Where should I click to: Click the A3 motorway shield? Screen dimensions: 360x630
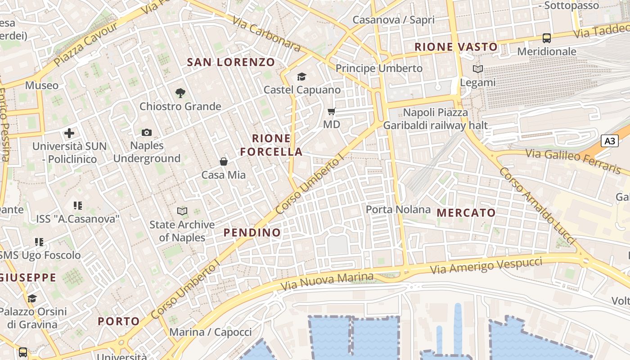tap(610, 141)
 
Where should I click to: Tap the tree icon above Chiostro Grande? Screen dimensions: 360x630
tap(180, 93)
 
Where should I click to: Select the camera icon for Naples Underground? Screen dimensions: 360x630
tap(147, 132)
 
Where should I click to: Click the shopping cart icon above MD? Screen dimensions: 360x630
tap(332, 111)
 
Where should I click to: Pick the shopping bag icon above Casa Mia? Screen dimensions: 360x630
tap(224, 162)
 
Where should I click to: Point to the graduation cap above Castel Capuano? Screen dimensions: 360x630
tap(301, 77)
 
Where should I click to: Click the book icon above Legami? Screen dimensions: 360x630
tap(477, 69)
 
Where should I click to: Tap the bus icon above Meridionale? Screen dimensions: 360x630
tap(547, 38)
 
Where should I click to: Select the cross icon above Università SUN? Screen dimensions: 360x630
tap(69, 133)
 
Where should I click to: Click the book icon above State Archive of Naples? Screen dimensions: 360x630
tap(182, 211)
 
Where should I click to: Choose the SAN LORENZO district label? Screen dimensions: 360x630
tap(231, 62)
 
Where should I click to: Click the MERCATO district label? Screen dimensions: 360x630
tap(466, 213)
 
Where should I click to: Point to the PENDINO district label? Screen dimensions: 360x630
tap(252, 233)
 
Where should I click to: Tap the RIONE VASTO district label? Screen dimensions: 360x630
tap(456, 47)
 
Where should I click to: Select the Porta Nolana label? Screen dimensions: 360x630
tap(398, 210)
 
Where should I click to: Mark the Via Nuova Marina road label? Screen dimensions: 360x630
tap(327, 281)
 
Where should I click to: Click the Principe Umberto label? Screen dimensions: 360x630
tap(379, 68)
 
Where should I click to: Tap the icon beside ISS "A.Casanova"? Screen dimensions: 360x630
tap(77, 206)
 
